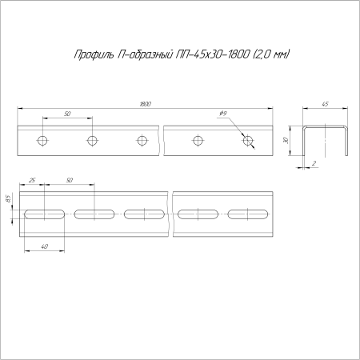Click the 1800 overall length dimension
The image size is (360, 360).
pos(145,104)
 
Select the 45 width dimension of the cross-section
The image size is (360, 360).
pos(326,104)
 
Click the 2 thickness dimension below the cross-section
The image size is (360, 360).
pos(315,164)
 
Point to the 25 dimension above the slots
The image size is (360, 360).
pos(31,182)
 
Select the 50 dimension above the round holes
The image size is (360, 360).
pos(67,115)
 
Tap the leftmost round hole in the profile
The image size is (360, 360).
pos(42,141)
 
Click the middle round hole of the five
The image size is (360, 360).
pos(142,141)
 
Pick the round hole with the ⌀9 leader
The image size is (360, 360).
pos(247,141)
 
